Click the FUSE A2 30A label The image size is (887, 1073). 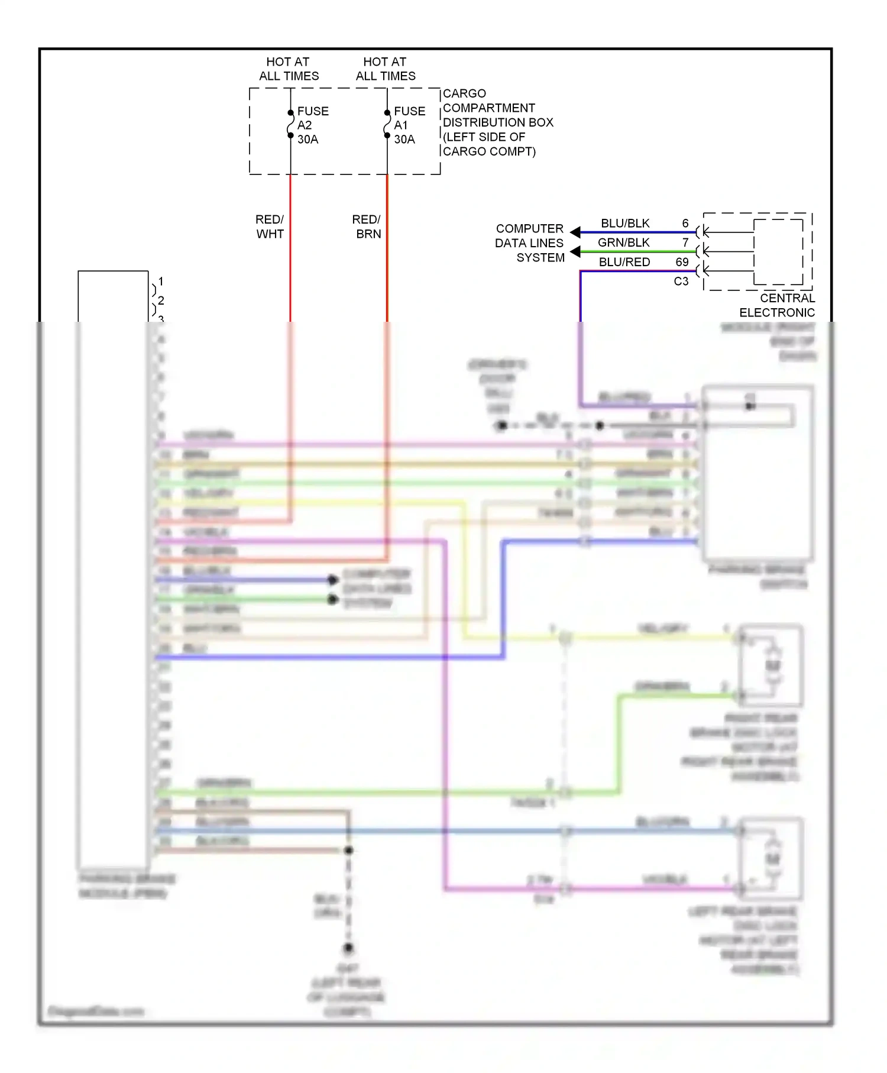click(x=312, y=125)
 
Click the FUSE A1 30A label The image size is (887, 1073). click(x=409, y=125)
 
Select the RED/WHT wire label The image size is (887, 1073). click(x=270, y=227)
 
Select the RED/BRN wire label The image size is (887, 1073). click(x=367, y=227)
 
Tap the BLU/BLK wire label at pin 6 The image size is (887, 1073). click(x=625, y=224)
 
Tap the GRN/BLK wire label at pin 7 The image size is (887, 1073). click(x=623, y=243)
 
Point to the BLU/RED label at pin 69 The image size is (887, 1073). click(x=624, y=262)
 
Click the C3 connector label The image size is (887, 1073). click(x=681, y=282)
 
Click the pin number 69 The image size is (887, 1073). click(x=682, y=262)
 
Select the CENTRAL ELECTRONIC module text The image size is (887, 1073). click(x=777, y=305)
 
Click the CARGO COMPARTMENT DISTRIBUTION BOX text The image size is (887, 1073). click(x=498, y=122)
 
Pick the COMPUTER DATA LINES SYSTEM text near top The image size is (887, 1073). click(x=530, y=243)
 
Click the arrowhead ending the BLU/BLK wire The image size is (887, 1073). click(x=575, y=232)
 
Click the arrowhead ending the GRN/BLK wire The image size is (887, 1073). click(x=575, y=252)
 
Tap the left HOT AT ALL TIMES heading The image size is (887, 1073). click(x=289, y=69)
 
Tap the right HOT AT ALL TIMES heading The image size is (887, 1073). click(x=386, y=69)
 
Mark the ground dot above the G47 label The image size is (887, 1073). click(x=348, y=948)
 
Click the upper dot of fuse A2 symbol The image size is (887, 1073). click(x=290, y=113)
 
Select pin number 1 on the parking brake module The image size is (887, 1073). click(x=161, y=282)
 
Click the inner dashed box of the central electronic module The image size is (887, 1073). click(x=778, y=252)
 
